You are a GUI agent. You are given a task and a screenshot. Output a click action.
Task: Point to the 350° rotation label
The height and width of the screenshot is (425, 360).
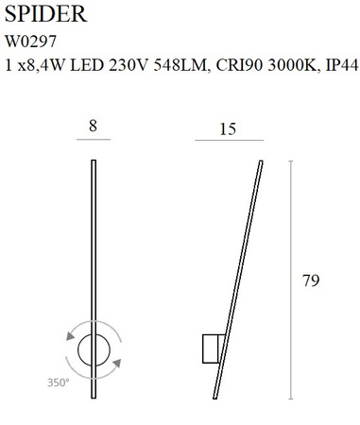[x=58, y=382]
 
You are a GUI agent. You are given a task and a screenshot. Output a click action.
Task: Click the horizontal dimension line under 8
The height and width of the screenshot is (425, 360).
[x=93, y=140]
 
